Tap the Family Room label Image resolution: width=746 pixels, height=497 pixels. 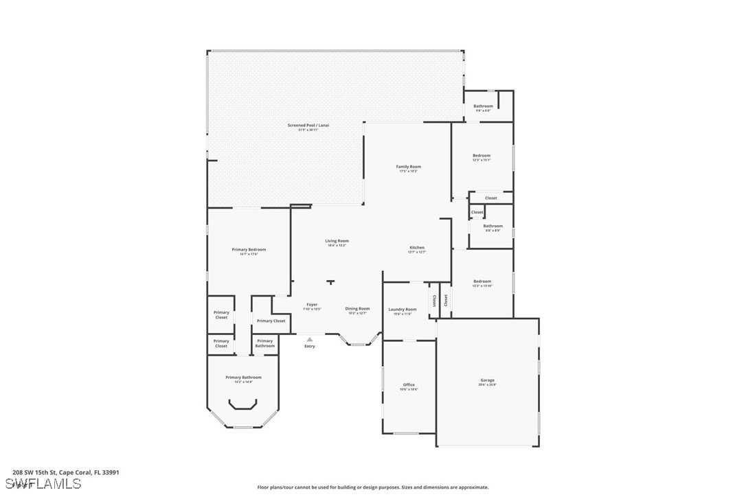[408, 167]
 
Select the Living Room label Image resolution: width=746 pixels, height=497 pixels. [337, 241]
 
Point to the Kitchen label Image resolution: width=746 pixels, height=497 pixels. [417, 248]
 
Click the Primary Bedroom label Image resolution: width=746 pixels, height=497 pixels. [249, 250]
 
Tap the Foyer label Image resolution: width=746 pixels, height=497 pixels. [312, 305]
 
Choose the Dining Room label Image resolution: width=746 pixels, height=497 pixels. [357, 309]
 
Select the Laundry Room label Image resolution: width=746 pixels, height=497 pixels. [402, 310]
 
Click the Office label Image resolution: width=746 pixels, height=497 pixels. [409, 385]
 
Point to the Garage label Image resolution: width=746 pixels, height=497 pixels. [487, 380]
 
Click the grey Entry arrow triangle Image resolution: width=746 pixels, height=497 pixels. [310, 339]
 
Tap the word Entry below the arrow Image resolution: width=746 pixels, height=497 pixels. [310, 346]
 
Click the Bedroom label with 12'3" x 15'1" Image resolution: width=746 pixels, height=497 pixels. [482, 156]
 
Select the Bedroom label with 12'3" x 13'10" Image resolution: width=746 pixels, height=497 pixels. [482, 281]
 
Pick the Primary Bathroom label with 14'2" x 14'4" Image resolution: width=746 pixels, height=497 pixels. [243, 378]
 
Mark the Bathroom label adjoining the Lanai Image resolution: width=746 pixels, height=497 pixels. [483, 106]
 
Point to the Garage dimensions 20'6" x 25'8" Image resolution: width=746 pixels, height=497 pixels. [487, 385]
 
